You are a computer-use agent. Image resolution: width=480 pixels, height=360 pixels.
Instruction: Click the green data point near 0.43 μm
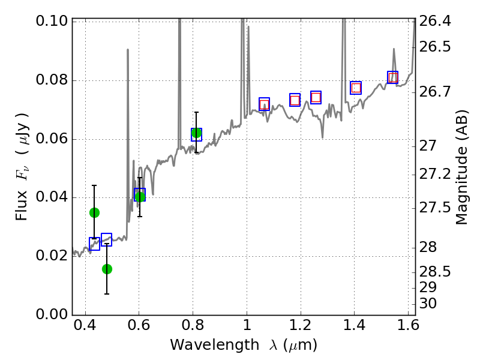pyautogui.click(x=94, y=212)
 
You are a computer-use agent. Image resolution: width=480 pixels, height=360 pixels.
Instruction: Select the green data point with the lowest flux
pyautogui.click(x=107, y=269)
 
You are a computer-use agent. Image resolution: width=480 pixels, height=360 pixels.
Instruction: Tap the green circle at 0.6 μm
pyautogui.click(x=140, y=196)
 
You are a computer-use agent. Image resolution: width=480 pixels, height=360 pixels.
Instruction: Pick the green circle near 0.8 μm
pyautogui.click(x=196, y=133)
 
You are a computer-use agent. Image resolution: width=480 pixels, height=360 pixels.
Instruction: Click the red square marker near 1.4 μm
pyautogui.click(x=356, y=88)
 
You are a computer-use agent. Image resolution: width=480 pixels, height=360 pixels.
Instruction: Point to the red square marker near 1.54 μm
pyautogui.click(x=393, y=77)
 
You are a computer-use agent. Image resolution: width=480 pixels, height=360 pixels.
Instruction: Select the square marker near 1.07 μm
pyautogui.click(x=264, y=104)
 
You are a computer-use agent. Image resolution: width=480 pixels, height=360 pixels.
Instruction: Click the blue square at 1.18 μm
pyautogui.click(x=295, y=100)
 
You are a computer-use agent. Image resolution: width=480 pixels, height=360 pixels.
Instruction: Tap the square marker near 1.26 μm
pyautogui.click(x=316, y=97)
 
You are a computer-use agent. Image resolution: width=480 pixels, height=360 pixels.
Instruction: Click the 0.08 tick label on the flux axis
pyautogui.click(x=52, y=80)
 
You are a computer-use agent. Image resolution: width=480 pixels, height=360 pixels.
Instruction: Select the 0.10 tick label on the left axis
pyautogui.click(x=52, y=22)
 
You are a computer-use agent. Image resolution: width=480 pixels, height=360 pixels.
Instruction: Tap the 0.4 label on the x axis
pyautogui.click(x=85, y=328)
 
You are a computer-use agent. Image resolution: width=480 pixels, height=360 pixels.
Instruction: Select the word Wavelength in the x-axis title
pyautogui.click(x=204, y=346)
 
